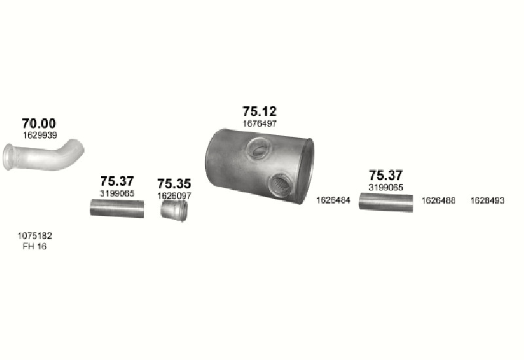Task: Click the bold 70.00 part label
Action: [x=39, y=123]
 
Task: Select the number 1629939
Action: [x=40, y=135]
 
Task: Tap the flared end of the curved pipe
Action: [x=9, y=156]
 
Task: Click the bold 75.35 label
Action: [x=174, y=183]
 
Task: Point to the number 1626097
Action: [x=174, y=196]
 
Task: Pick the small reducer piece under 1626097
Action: [x=174, y=210]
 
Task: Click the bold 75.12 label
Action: [x=259, y=111]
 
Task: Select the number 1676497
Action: [x=259, y=124]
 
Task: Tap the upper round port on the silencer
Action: [x=258, y=149]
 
